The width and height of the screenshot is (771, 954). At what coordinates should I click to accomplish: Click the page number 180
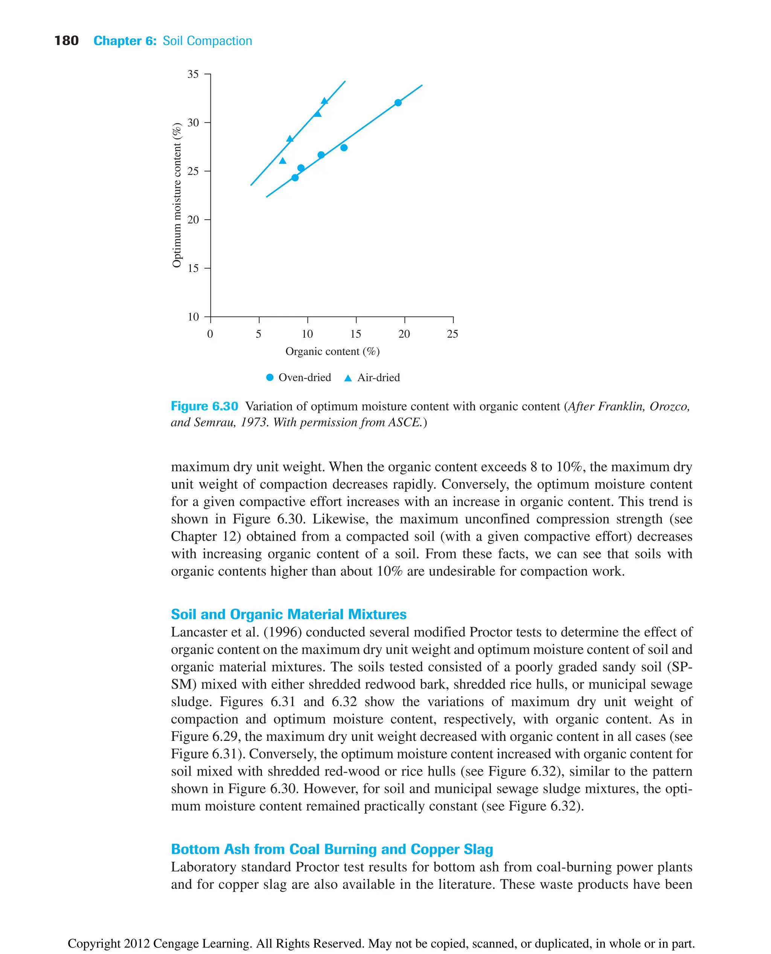66,41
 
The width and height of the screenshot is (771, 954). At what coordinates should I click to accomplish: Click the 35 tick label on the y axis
193,74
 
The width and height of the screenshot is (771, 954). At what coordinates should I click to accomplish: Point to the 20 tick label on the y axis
193,220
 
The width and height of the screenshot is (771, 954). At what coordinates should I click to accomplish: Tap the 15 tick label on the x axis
355,334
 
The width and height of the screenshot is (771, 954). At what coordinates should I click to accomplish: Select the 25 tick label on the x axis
452,334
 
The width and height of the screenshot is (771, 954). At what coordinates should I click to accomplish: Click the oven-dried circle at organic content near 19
398,103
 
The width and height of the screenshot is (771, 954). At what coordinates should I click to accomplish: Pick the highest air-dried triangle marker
324,101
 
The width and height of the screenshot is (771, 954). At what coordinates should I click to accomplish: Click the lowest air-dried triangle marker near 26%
282,161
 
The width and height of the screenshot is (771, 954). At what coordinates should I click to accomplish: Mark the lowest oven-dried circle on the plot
295,178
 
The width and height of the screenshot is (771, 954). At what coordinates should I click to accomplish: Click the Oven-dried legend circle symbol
270,378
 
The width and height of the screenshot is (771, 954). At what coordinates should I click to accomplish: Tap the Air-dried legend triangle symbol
348,378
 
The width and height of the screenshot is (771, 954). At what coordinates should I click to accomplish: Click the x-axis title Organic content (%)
332,351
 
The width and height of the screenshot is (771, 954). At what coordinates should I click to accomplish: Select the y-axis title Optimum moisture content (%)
177,195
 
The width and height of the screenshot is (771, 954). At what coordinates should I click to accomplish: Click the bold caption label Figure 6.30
204,406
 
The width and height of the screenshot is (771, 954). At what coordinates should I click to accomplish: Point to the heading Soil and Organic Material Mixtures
289,614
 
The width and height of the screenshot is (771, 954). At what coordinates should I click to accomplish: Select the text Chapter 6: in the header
125,41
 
